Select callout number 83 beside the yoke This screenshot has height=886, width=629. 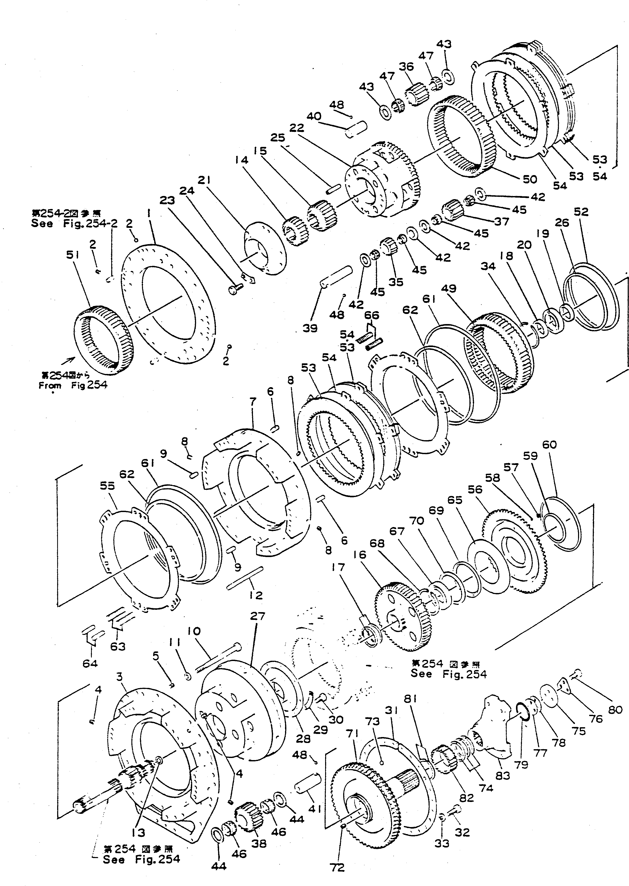(503, 775)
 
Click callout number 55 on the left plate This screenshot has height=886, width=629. (107, 486)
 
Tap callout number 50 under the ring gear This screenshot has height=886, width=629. (530, 179)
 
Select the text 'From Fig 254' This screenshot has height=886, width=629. (73, 385)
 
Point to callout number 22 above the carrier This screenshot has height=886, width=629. (297, 127)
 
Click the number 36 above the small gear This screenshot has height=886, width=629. (406, 67)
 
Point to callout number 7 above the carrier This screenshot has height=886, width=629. (253, 402)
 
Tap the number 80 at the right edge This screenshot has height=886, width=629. (614, 710)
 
